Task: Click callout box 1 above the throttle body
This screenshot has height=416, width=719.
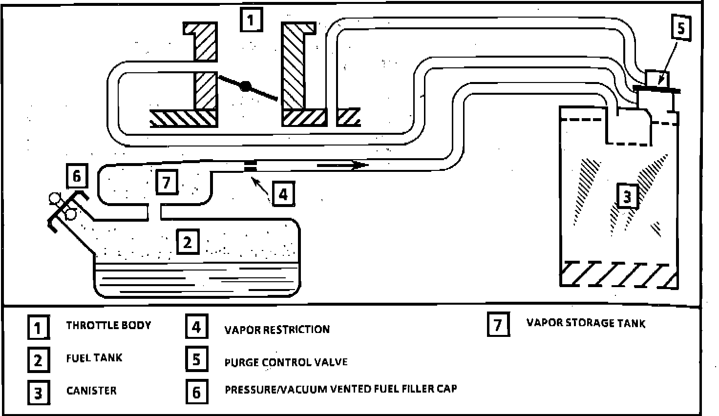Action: (251, 21)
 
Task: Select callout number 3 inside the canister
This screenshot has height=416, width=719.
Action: (627, 196)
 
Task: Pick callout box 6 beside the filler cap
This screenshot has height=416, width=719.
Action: (77, 176)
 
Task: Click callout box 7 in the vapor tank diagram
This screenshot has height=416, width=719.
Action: (167, 183)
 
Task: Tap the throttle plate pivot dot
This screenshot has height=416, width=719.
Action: (246, 86)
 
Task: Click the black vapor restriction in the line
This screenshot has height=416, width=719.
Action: (250, 166)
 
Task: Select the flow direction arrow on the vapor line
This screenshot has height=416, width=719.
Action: (342, 166)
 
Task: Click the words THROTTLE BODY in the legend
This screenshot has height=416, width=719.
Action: (108, 325)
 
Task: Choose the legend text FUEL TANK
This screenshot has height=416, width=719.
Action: (94, 358)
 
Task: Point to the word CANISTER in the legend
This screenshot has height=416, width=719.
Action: (91, 391)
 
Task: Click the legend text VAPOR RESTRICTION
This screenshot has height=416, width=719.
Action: (277, 330)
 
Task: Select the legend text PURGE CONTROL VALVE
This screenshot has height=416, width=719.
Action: (286, 362)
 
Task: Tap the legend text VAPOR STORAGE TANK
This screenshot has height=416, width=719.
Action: (586, 323)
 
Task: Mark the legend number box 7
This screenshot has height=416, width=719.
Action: (498, 325)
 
